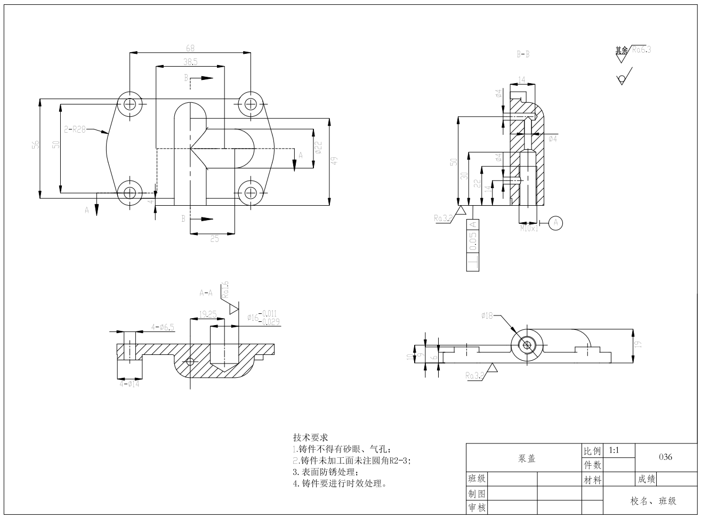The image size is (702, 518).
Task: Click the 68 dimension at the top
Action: coord(190,48)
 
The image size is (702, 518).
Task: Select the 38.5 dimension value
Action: coord(190,62)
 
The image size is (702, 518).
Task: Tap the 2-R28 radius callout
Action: coord(75,129)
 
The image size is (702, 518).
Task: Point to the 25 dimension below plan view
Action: coord(214,239)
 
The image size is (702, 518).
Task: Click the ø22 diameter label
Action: coord(318,148)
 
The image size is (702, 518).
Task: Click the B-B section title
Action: coord(523,54)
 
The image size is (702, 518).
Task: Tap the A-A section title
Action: coord(206,293)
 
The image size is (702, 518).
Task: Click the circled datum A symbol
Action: coord(555,222)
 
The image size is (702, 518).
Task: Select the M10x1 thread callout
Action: coord(529,228)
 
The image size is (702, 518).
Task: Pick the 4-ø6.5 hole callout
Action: coord(163,327)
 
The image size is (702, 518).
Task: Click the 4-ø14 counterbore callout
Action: coord(130,383)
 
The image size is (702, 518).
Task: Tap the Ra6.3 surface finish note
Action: coord(641,50)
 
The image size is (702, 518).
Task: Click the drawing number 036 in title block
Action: coord(665,457)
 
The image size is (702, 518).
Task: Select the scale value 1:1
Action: coord(614,450)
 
